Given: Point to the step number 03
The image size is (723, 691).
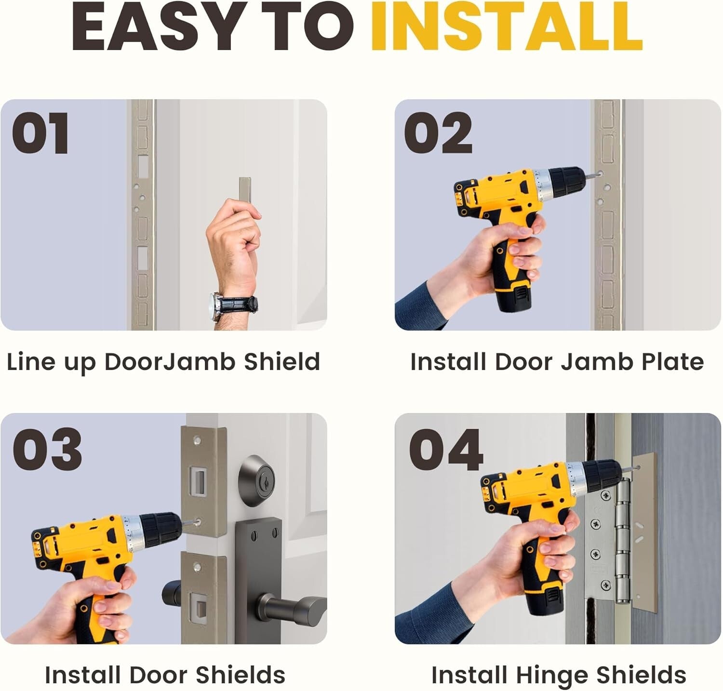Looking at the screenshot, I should pyautogui.click(x=47, y=449).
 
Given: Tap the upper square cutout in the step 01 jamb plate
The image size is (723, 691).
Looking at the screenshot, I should pyautogui.click(x=143, y=167).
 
